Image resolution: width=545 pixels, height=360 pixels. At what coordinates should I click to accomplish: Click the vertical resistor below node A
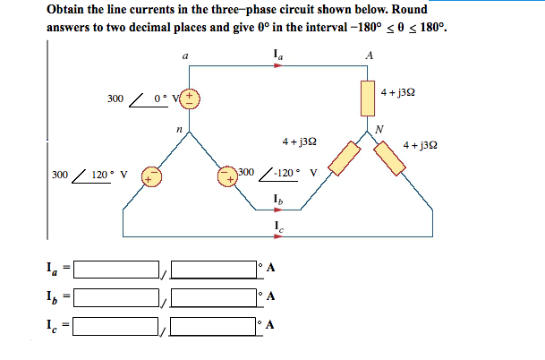[x=368, y=98]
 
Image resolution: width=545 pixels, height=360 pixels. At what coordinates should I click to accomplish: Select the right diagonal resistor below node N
[x=392, y=159]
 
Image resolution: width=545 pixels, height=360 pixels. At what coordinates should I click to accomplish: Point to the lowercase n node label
[x=179, y=130]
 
